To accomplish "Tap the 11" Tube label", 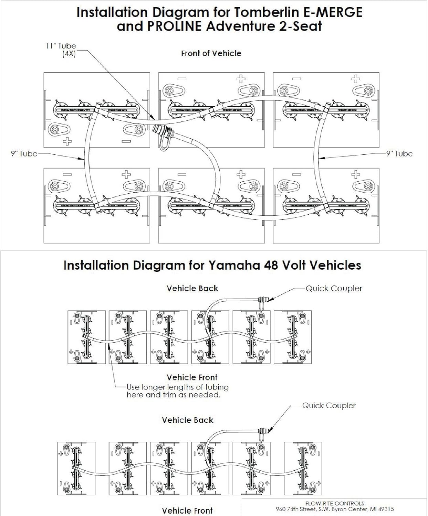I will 61,46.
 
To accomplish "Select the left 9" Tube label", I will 24,154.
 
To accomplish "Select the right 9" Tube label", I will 399,154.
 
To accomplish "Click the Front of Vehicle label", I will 211,53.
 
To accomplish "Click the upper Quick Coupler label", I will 334,288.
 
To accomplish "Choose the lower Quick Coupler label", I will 329,406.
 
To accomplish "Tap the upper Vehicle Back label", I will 192,288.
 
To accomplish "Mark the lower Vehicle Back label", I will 188,420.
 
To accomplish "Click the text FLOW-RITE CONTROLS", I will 335,503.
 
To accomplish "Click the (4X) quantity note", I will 69,54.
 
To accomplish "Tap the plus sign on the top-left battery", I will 67,141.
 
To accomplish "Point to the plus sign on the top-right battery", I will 356,79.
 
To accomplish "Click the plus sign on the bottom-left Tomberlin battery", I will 126,174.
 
